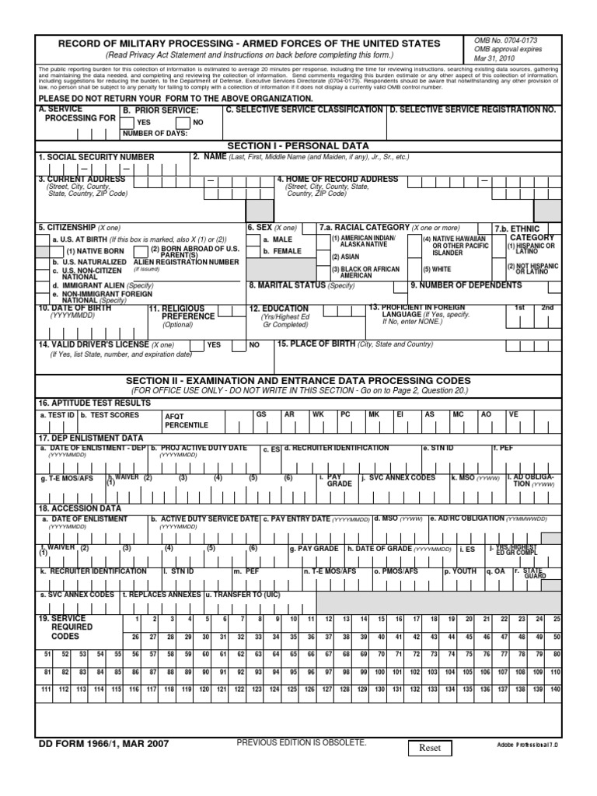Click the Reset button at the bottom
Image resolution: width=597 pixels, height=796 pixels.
click(430, 748)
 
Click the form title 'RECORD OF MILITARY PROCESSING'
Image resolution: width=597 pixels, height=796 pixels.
click(249, 44)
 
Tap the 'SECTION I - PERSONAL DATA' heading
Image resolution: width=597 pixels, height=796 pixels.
click(298, 145)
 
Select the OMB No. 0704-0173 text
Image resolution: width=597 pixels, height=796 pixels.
click(505, 39)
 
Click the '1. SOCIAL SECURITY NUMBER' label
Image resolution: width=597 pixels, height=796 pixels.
click(96, 157)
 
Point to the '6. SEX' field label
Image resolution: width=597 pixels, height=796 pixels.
click(261, 228)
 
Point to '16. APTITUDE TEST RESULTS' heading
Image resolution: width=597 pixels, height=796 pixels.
click(95, 403)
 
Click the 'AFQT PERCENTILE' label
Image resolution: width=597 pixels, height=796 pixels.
click(186, 421)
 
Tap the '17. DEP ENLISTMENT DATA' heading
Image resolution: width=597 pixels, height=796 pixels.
click(91, 438)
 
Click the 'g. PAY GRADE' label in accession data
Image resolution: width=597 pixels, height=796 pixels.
click(314, 548)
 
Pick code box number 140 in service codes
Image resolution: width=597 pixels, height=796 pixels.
click(554, 690)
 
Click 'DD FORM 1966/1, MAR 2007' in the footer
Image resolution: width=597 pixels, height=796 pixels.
click(103, 744)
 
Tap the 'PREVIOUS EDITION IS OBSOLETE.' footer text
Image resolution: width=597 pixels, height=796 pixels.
click(301, 742)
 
